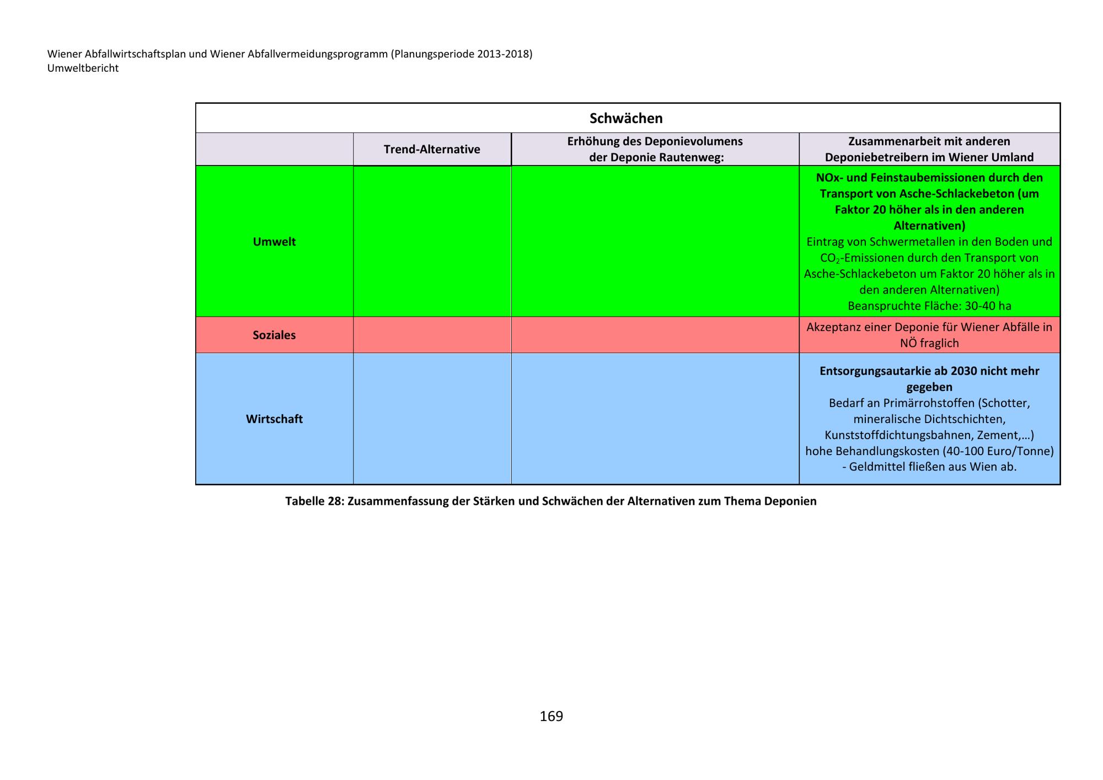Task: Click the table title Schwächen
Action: (626, 118)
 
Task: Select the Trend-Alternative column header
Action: (432, 149)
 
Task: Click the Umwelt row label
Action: (274, 242)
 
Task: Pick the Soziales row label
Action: (274, 335)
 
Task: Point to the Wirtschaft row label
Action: (274, 419)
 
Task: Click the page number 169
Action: (551, 716)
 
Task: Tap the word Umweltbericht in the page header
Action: (83, 68)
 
